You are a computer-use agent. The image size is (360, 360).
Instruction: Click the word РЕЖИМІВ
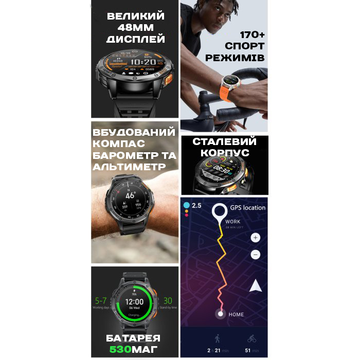(235, 58)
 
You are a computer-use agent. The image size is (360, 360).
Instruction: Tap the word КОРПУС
(224, 153)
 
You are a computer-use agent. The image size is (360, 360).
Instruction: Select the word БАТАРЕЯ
(134, 338)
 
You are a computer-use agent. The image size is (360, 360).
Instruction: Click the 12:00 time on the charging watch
(135, 301)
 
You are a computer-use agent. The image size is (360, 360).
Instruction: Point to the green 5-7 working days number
(101, 301)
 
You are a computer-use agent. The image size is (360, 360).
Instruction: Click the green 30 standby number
(168, 301)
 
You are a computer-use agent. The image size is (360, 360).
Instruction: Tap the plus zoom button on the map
(256, 238)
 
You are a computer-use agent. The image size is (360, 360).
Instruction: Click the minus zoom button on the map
(256, 255)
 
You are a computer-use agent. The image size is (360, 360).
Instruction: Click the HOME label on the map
(237, 314)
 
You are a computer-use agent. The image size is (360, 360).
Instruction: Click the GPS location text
(247, 208)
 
